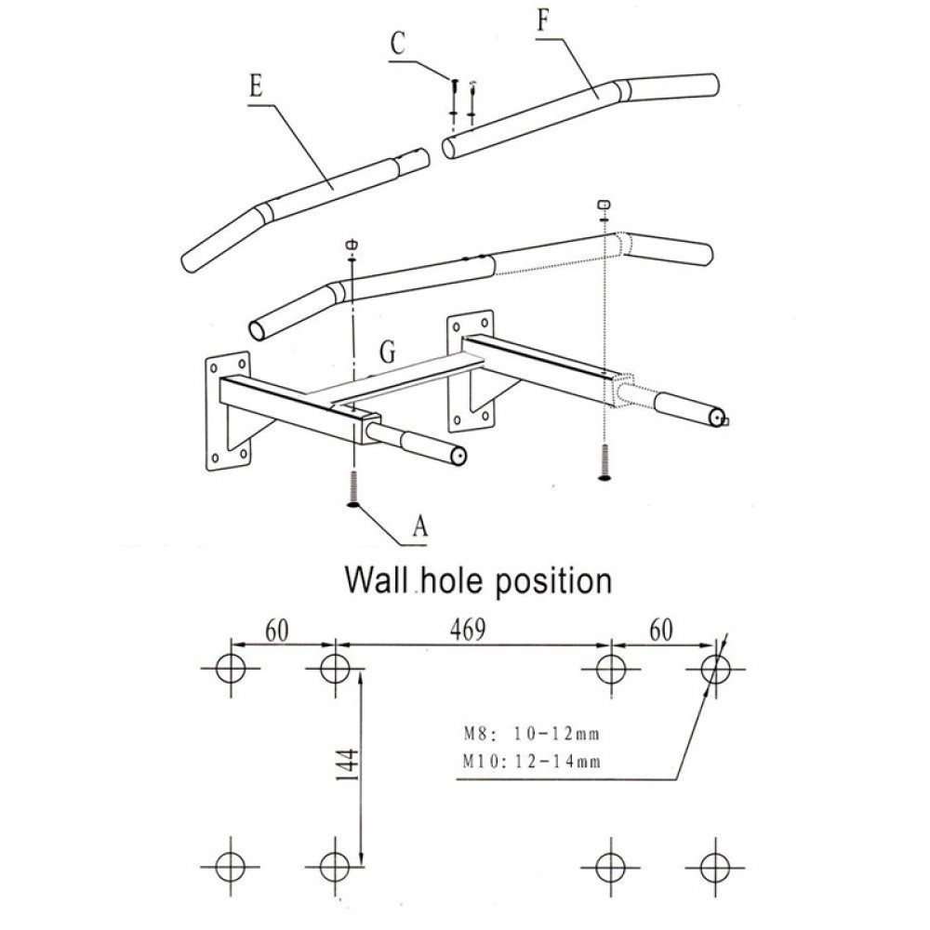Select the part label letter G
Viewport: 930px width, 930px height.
pyautogui.click(x=387, y=352)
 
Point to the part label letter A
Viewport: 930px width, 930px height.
pyautogui.click(x=420, y=525)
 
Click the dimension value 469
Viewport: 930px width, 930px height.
pyautogui.click(x=468, y=630)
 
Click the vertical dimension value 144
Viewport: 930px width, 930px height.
pyautogui.click(x=348, y=764)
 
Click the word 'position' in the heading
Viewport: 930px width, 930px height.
pyautogui.click(x=552, y=581)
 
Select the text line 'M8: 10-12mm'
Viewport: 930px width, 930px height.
pyautogui.click(x=531, y=735)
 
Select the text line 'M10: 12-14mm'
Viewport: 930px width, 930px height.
pyautogui.click(x=531, y=761)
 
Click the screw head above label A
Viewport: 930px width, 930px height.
pyautogui.click(x=353, y=505)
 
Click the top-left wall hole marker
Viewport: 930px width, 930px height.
pyautogui.click(x=230, y=669)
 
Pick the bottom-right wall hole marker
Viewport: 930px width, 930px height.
pyautogui.click(x=715, y=867)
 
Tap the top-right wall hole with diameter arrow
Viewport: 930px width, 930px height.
pyautogui.click(x=715, y=669)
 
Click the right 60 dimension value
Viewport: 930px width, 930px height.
pyautogui.click(x=661, y=630)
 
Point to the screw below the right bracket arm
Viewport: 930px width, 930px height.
pyautogui.click(x=604, y=462)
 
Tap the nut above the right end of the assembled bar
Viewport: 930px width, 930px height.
pyautogui.click(x=604, y=205)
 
